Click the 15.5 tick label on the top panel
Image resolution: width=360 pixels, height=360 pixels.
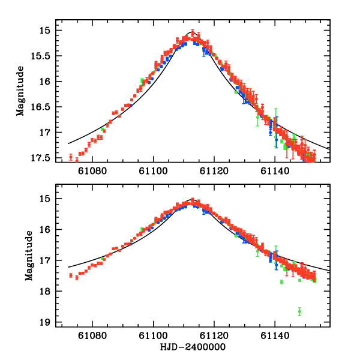click(x=47, y=56)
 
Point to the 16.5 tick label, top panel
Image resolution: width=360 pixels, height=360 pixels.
click(x=47, y=107)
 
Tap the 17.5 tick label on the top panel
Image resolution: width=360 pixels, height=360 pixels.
click(x=47, y=158)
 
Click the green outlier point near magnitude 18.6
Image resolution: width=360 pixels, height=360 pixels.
click(x=299, y=311)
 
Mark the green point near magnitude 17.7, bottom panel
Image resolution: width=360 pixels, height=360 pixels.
click(x=281, y=282)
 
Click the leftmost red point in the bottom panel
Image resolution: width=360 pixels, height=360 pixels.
click(x=71, y=275)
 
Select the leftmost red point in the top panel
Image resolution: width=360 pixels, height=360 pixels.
click(x=71, y=157)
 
